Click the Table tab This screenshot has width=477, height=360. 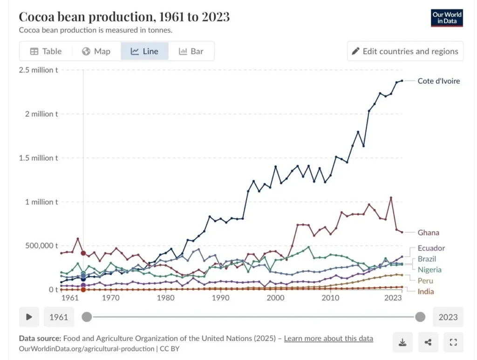pos(46,51)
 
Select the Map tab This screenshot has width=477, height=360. pos(96,51)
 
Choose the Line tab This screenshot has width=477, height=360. pos(144,51)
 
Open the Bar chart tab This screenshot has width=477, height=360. pos(191,51)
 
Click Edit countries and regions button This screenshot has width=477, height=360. pos(405,51)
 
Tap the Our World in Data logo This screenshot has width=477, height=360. pos(447,18)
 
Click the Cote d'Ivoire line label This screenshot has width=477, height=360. pos(438,81)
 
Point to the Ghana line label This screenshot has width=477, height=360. pos(428,232)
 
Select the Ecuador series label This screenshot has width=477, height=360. pos(431,248)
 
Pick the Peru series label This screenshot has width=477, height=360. pos(425,281)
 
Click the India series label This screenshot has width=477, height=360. pos(426,292)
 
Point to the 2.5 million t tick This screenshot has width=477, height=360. pos(38,70)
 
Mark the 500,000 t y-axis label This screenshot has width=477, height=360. pos(38,245)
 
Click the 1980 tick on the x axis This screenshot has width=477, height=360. pos(165,298)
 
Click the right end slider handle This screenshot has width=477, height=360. pos(420,317)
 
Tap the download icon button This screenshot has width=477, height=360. pos(402,343)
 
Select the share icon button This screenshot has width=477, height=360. pos(428,343)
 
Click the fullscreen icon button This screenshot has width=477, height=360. pos(453,343)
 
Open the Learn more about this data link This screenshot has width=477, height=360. pos(328,339)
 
